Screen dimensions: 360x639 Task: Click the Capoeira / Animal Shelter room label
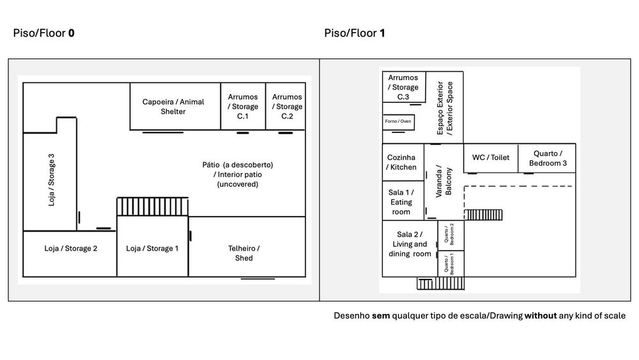coord(173,107)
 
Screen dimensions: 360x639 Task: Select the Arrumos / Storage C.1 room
coord(243,107)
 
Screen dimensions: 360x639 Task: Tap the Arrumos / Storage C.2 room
coord(287,107)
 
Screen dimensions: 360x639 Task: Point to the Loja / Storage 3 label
coord(51,179)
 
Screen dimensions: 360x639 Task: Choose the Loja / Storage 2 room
coord(70,248)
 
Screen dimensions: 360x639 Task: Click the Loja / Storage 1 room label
coord(152,248)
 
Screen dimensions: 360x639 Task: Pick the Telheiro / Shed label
coord(243,253)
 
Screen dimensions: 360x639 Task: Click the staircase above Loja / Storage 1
coord(152,207)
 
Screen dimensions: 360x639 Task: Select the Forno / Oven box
coord(398,121)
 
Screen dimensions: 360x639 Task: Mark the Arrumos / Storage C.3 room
coord(403,87)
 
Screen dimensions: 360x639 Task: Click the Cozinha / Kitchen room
coord(401,162)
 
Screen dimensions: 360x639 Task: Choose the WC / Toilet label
coord(491,157)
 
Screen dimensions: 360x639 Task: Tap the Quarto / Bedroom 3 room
coord(548,158)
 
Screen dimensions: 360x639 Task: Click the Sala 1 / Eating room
coord(401,201)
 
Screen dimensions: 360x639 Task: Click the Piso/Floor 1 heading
coord(355,33)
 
